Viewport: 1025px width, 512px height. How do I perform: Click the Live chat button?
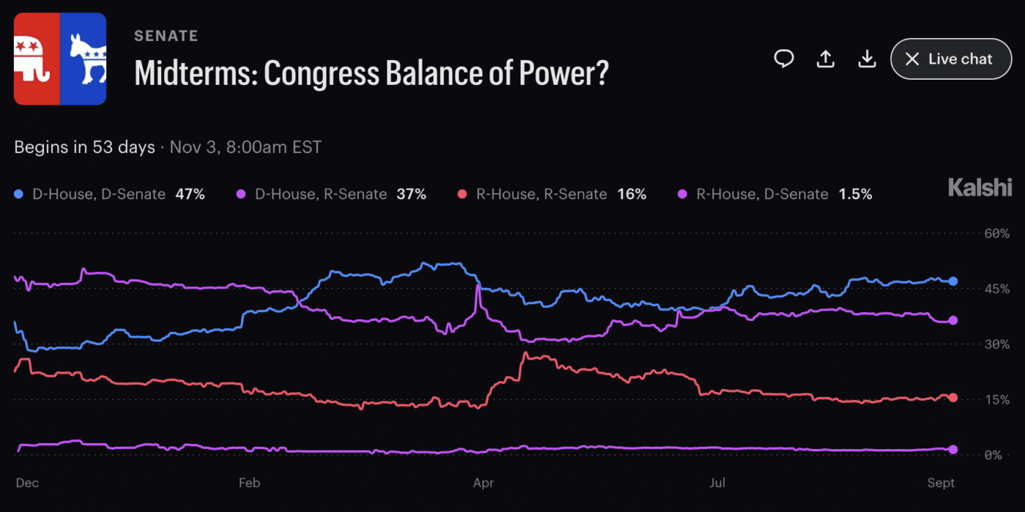coord(951,59)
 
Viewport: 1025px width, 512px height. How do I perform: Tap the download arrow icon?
coord(867,59)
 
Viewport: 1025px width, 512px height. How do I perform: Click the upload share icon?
coord(826,59)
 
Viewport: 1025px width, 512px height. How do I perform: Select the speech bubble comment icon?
coord(784,59)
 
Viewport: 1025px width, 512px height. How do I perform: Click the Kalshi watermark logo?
coord(980,187)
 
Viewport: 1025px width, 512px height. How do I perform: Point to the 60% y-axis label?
coord(996,233)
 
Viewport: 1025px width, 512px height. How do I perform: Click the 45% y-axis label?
coord(996,289)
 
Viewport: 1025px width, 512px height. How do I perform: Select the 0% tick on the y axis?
coord(993,455)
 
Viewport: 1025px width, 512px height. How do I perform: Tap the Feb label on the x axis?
coord(250,483)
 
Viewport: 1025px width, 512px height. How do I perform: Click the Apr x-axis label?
coord(483,483)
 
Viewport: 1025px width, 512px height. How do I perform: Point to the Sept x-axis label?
coord(941,483)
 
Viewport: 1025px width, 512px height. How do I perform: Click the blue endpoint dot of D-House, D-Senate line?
coord(953,281)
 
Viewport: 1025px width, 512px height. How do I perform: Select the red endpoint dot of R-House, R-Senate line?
coord(953,398)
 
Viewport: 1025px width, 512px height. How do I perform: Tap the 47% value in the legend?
coord(190,195)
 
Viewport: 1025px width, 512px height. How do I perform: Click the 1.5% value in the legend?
coord(855,195)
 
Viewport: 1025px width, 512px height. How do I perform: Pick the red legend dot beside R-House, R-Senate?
coord(462,195)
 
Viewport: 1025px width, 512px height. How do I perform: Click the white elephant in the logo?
coord(31,59)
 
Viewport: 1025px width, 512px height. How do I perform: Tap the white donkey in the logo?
coord(88,59)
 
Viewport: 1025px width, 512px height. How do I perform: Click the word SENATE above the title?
coord(166,36)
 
